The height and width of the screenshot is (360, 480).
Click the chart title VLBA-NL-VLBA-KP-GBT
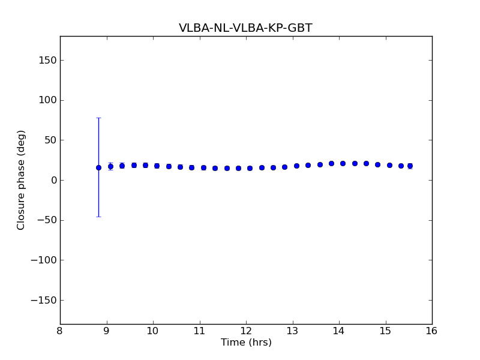coord(245,28)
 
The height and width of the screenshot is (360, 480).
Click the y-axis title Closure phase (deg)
coord(22,180)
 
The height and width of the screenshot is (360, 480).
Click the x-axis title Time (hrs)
coord(246,343)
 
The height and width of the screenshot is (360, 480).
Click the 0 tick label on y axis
coord(53,180)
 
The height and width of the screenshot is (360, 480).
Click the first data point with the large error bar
coord(98,167)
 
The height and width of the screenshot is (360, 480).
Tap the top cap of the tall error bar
coord(98,118)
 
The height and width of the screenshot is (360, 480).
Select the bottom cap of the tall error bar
coord(98,217)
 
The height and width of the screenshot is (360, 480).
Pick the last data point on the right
coord(410,166)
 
